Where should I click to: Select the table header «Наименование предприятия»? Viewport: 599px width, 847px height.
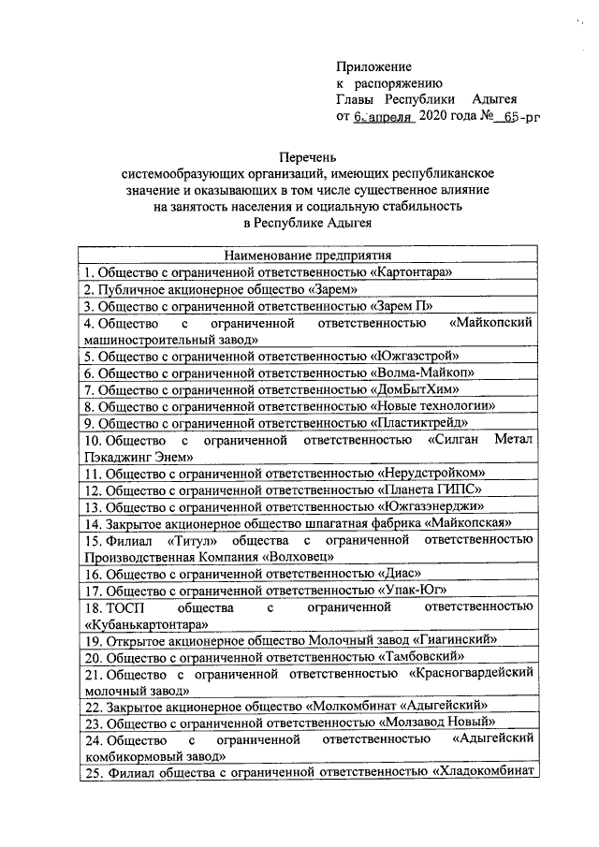(308, 256)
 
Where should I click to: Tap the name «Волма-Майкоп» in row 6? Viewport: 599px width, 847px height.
(421, 372)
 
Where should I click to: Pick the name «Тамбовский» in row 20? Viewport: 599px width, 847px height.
(418, 658)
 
